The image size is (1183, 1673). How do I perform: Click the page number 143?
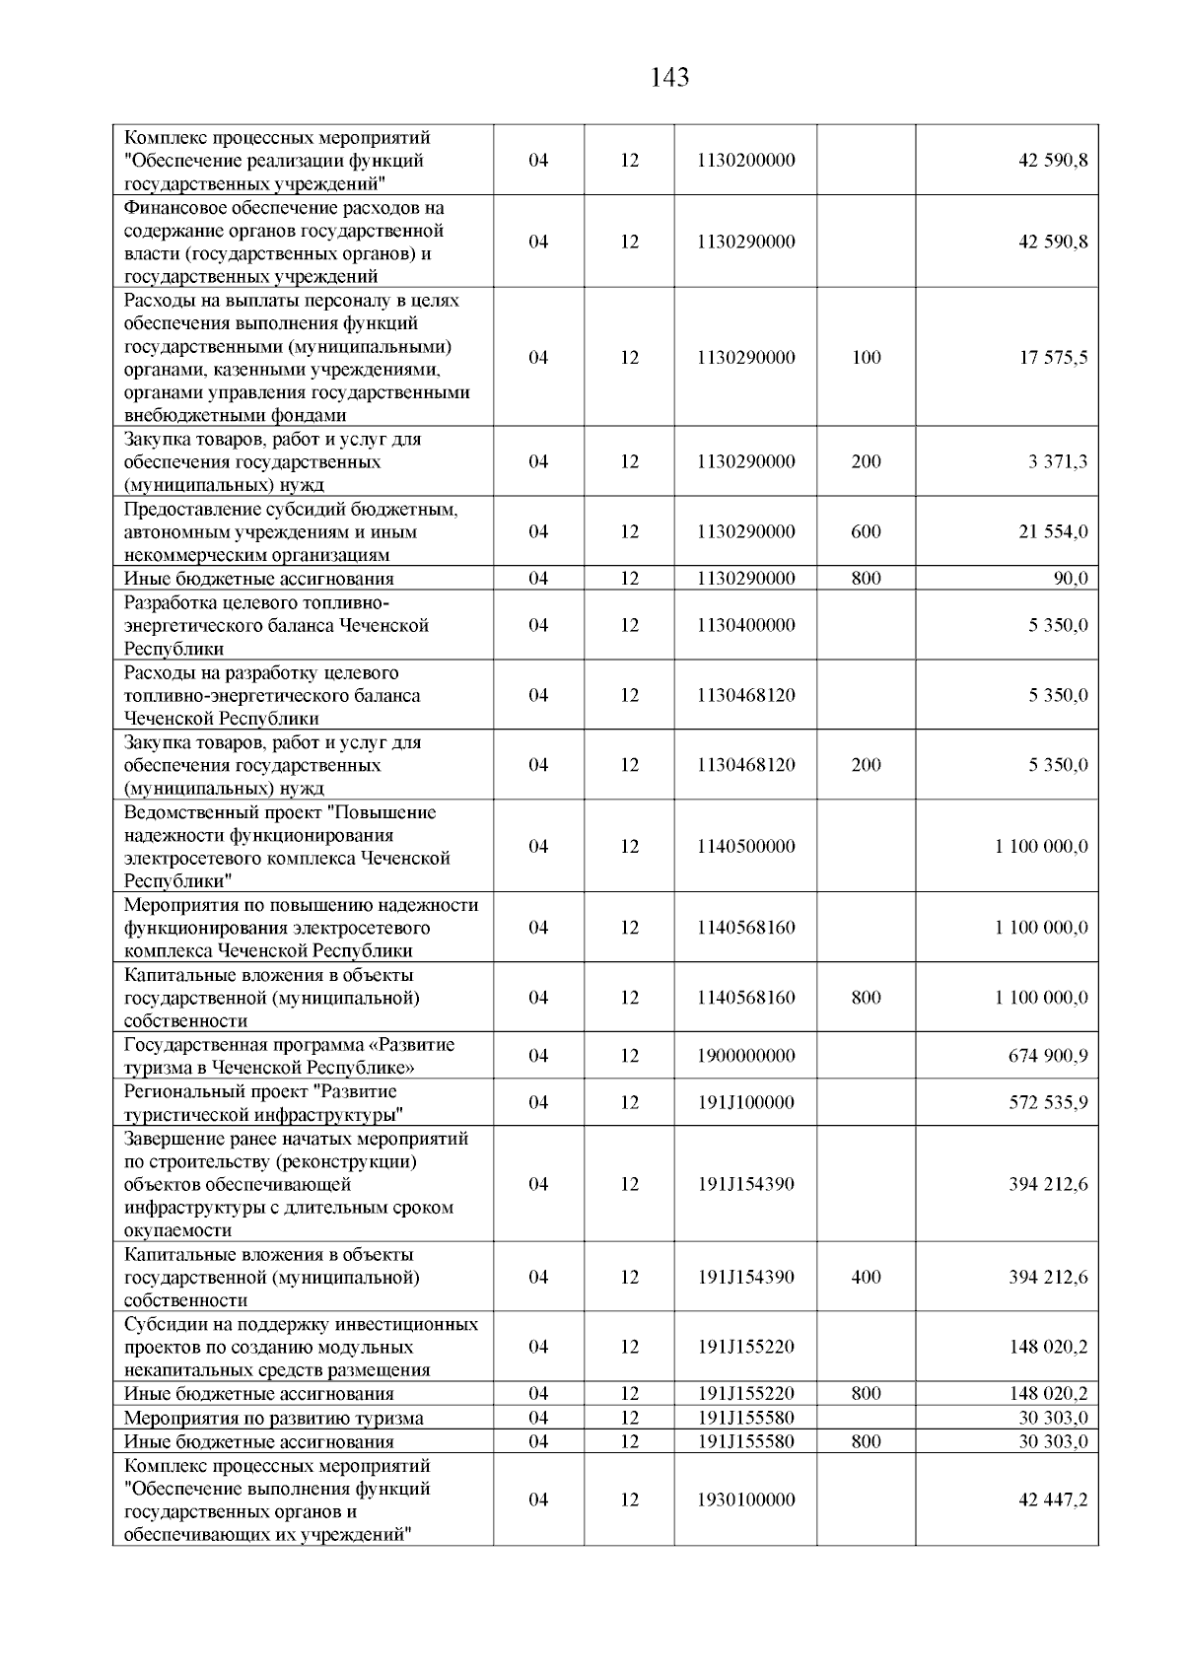tap(669, 78)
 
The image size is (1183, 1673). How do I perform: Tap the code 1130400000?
tap(745, 625)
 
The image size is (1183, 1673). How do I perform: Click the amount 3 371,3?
tap(1058, 461)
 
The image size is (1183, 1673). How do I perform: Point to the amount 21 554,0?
tap(1053, 531)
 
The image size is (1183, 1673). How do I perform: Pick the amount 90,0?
tap(1071, 579)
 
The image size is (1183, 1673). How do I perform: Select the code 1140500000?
tap(745, 846)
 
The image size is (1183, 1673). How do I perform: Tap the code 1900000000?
tap(745, 1056)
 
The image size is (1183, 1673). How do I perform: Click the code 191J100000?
tap(745, 1102)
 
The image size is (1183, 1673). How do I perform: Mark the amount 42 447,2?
tap(1053, 1499)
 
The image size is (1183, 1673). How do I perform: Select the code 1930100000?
tap(745, 1499)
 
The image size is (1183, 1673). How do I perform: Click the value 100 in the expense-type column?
tap(866, 357)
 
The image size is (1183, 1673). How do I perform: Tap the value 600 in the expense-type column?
tap(866, 531)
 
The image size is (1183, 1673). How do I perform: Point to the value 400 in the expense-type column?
tap(866, 1277)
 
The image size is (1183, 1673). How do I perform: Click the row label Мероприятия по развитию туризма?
tap(273, 1418)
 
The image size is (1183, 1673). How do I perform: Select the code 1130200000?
tap(745, 160)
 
